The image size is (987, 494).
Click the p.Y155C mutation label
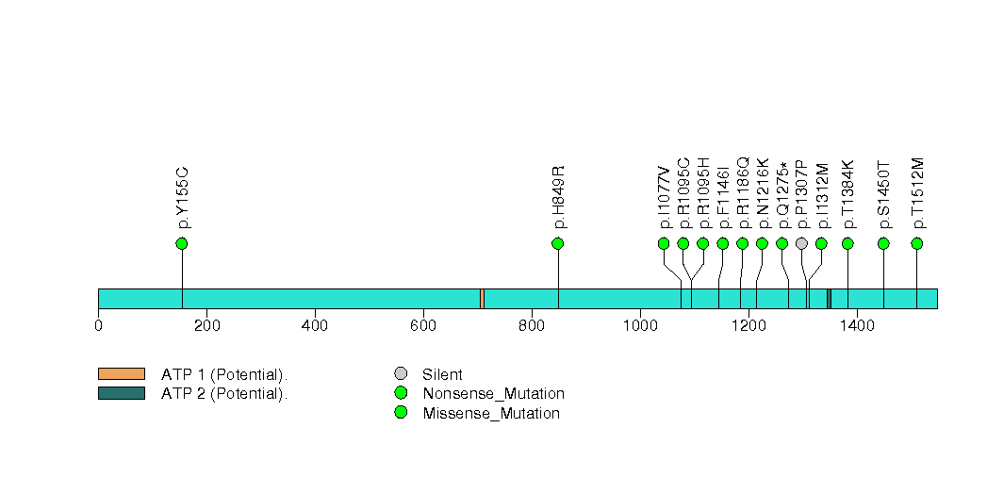pyautogui.click(x=183, y=198)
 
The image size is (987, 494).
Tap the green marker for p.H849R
pyautogui.click(x=557, y=243)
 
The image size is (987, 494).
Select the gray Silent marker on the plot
pyautogui.click(x=801, y=243)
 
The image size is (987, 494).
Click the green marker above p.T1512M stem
pyautogui.click(x=916, y=243)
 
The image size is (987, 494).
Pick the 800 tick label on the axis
pyautogui.click(x=532, y=325)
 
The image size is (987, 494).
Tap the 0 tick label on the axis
pyautogui.click(x=98, y=325)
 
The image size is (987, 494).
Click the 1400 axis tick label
pyautogui.click(x=857, y=325)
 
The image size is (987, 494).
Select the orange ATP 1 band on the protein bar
pyautogui.click(x=482, y=299)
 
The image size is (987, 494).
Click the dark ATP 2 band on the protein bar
pyautogui.click(x=829, y=299)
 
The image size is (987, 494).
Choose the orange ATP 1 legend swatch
pyautogui.click(x=122, y=374)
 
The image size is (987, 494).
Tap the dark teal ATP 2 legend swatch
pyautogui.click(x=122, y=393)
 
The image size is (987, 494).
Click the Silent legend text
pyautogui.click(x=442, y=374)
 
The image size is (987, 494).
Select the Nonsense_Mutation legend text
pyautogui.click(x=494, y=394)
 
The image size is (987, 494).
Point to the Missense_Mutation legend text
pyautogui.click(x=491, y=414)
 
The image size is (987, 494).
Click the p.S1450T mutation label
pyautogui.click(x=884, y=195)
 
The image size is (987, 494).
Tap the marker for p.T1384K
pyautogui.click(x=847, y=243)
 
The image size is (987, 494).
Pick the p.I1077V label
pyautogui.click(x=664, y=197)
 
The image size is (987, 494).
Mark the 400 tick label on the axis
pyautogui.click(x=315, y=325)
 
